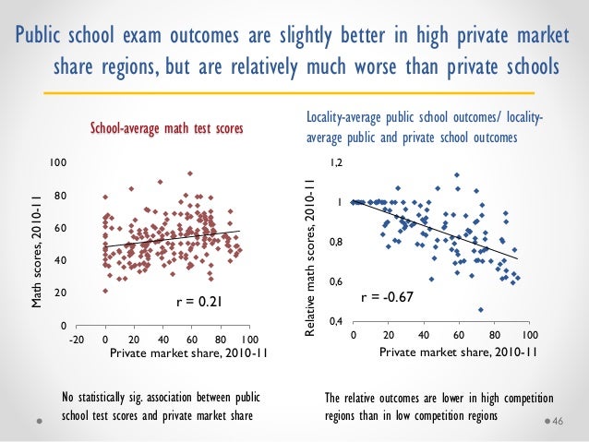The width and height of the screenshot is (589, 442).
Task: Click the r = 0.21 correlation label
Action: point(199,302)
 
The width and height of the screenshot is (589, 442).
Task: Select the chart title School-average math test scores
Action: point(166,130)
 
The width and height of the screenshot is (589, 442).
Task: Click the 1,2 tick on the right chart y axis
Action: point(337,162)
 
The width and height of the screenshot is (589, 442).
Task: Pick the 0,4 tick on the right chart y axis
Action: point(337,321)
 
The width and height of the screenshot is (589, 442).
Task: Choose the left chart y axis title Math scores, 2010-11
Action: point(37,249)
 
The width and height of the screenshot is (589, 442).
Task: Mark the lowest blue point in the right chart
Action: point(480,309)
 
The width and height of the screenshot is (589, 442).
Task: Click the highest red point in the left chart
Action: point(189,173)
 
